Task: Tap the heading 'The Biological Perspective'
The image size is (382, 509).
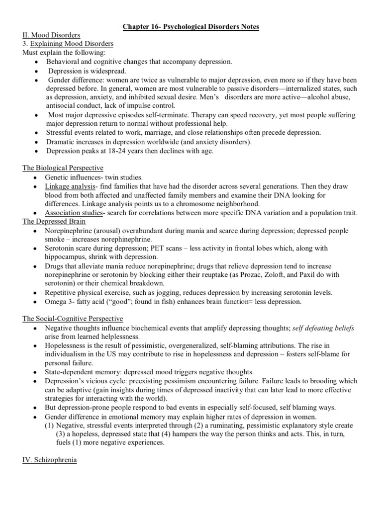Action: [63, 168]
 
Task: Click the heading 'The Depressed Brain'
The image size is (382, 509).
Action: [54, 222]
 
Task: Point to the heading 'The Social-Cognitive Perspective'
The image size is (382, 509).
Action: [73, 319]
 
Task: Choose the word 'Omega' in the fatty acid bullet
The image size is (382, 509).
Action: [56, 302]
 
